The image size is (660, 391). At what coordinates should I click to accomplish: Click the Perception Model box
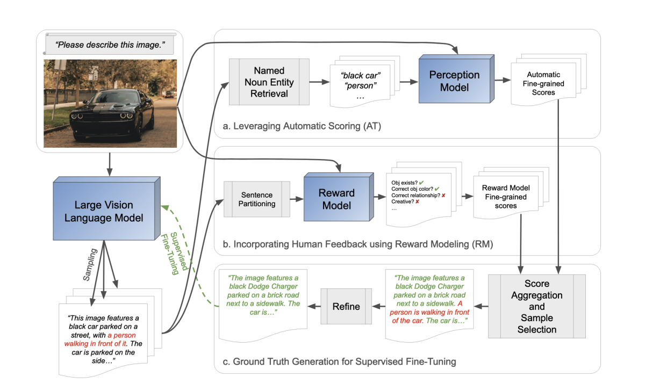click(x=455, y=81)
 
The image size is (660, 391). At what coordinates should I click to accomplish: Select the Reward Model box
click(x=337, y=199)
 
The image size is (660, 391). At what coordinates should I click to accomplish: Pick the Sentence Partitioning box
click(x=257, y=199)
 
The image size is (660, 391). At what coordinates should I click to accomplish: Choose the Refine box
click(x=346, y=306)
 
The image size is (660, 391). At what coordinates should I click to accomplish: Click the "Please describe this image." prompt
click(x=109, y=45)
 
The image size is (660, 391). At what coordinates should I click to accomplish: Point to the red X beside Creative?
click(x=418, y=201)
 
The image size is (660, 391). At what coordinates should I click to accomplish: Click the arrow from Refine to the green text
click(x=313, y=306)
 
